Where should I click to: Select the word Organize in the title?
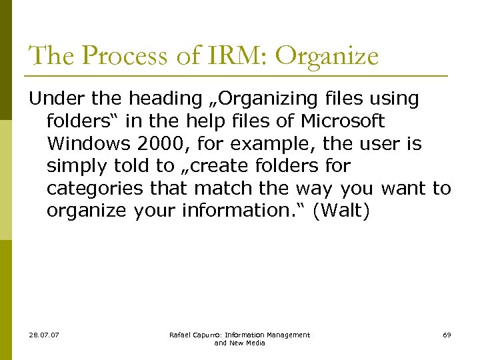327,56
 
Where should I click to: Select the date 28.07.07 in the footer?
44,335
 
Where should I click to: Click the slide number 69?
446,335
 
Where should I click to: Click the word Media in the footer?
254,343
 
